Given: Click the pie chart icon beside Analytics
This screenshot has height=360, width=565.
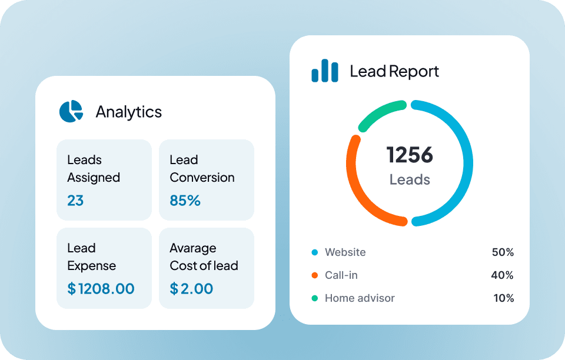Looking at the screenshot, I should click(71, 111).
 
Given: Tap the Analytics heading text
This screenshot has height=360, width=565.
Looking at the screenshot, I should click(128, 112).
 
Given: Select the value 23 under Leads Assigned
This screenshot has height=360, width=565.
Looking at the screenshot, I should click(75, 201).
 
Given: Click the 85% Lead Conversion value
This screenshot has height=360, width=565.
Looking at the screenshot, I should click(185, 201).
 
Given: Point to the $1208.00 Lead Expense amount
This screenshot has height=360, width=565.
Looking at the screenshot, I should click(101, 289).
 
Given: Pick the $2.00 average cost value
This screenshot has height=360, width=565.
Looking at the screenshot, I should click(191, 289).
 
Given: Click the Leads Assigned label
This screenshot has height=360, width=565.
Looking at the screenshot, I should click(94, 169).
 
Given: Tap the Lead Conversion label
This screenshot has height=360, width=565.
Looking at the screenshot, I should click(202, 169).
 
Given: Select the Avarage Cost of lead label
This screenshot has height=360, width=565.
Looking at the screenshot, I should click(204, 257).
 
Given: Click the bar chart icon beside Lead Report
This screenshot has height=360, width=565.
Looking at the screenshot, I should click(325, 71).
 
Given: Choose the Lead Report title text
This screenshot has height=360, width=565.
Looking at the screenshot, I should click(394, 72).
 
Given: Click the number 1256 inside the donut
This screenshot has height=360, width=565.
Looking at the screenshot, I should click(410, 155).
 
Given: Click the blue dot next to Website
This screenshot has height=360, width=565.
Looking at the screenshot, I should click(314, 252).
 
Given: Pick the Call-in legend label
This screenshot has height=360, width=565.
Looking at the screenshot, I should click(341, 275).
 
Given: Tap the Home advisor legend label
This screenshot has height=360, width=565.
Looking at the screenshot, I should click(360, 298).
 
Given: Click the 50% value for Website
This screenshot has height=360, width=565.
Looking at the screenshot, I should click(503, 252).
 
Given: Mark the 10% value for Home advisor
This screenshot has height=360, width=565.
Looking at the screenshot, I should click(503, 298).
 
